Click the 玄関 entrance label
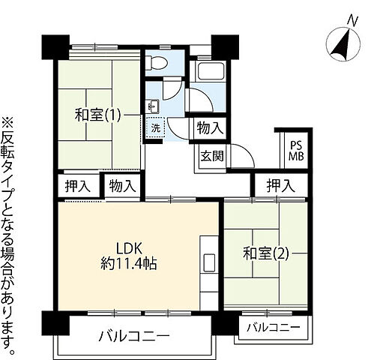pyautogui.click(x=209, y=156)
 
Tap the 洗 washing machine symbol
pyautogui.click(x=155, y=127)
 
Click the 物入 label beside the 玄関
pyautogui.click(x=209, y=128)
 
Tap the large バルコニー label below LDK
pyautogui.click(x=134, y=335)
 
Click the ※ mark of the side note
pyautogui.click(x=8, y=121)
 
